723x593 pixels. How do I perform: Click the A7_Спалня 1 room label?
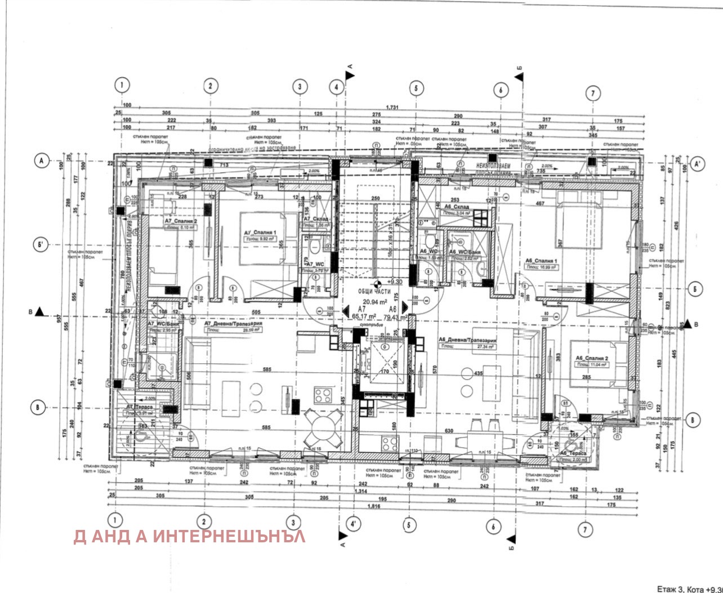tap(261, 233)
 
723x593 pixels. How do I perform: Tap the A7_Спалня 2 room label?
tap(181, 221)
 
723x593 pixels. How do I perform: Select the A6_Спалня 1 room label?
tap(541, 261)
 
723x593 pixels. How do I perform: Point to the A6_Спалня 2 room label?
tap(591, 358)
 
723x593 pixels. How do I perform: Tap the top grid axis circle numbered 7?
tap(593, 93)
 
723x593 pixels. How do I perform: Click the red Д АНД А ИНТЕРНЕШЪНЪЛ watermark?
tap(189, 536)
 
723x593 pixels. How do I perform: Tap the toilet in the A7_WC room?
tap(316, 245)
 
